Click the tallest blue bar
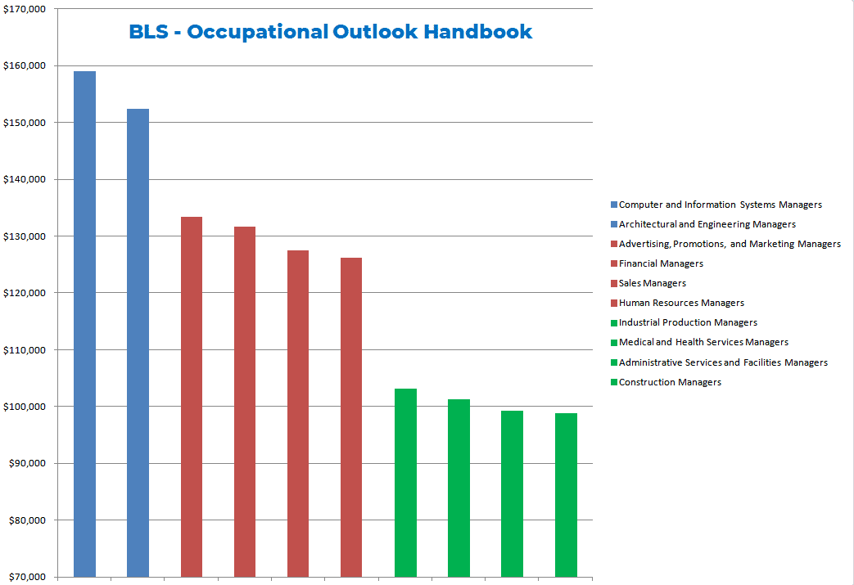click(x=84, y=323)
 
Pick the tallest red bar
click(x=192, y=397)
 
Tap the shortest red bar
click(x=351, y=417)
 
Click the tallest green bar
click(x=405, y=483)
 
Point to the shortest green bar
click(x=566, y=495)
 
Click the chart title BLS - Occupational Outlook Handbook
click(x=330, y=32)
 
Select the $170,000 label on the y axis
click(x=25, y=9)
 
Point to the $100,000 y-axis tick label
click(x=25, y=407)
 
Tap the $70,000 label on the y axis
click(x=27, y=578)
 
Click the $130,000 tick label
click(x=25, y=236)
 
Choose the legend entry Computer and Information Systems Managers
click(x=720, y=205)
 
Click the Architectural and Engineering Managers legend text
click(x=707, y=224)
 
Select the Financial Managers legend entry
click(x=661, y=263)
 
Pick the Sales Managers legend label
click(x=652, y=283)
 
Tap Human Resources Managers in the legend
click(x=681, y=303)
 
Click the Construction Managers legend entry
click(x=670, y=382)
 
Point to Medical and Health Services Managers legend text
click(x=703, y=342)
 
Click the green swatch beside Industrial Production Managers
click(x=614, y=323)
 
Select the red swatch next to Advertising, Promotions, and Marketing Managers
click(x=614, y=244)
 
